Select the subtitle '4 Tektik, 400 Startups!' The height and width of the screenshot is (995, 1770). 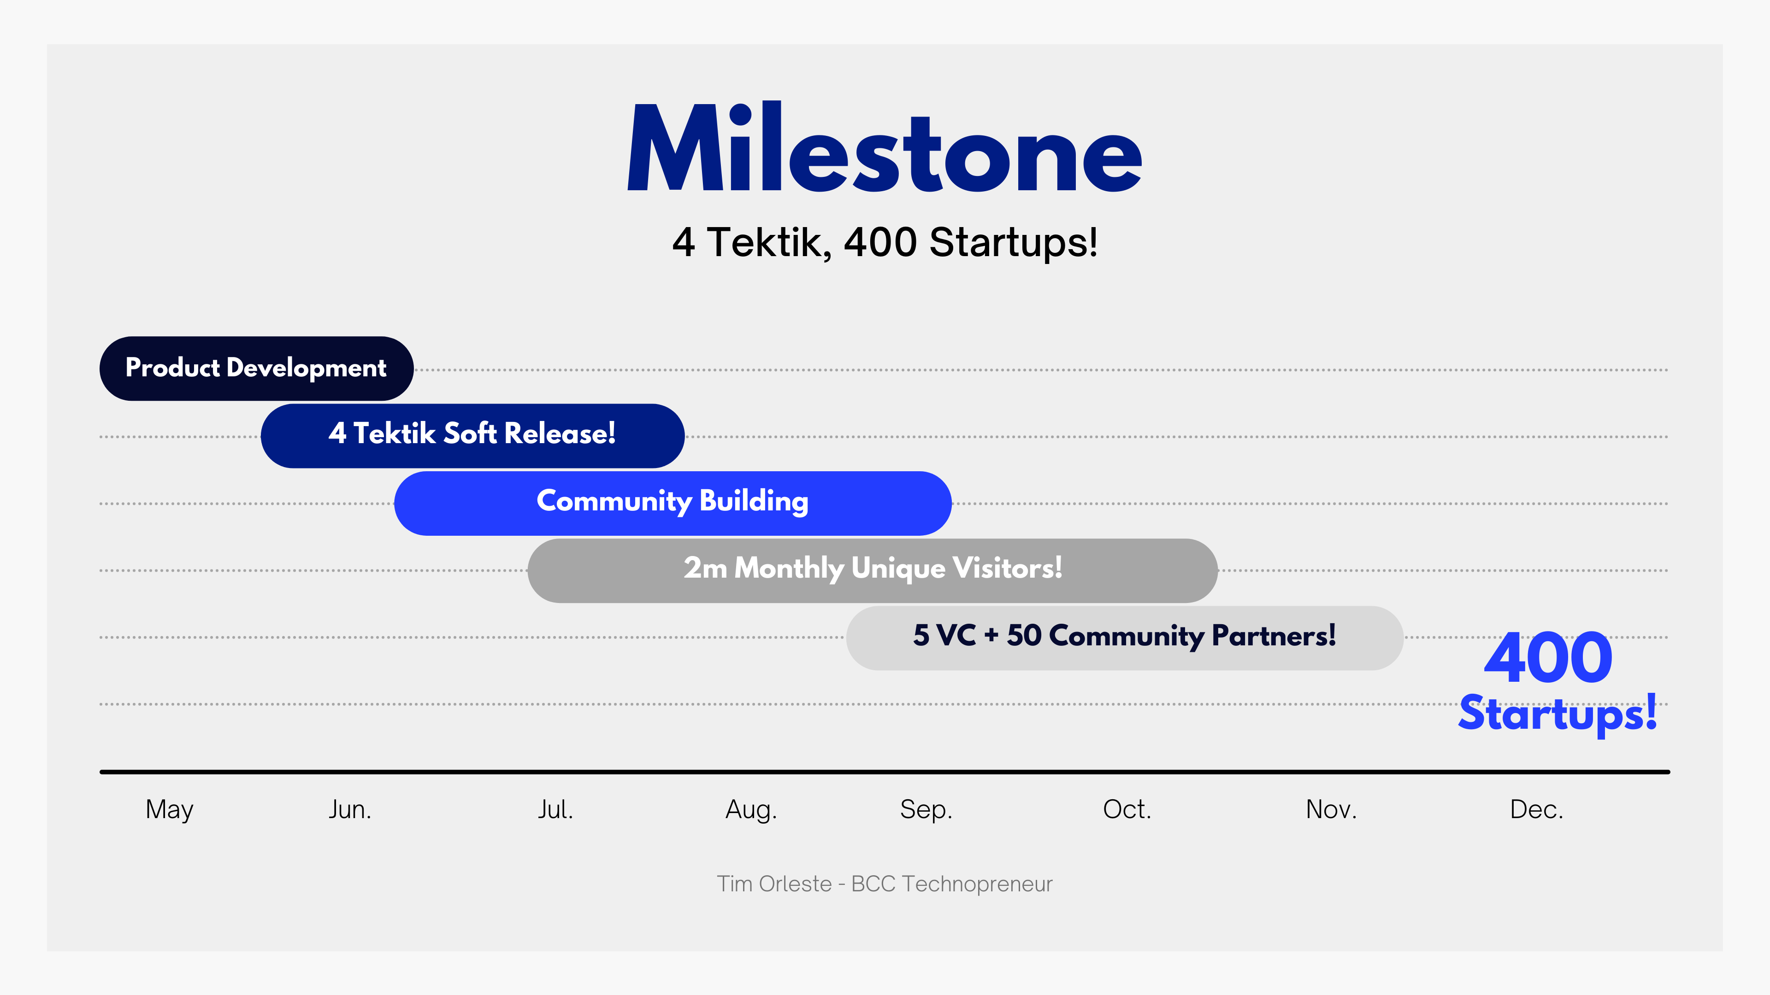(885, 242)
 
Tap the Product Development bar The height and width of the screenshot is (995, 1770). (256, 369)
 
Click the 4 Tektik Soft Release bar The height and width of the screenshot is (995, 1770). (473, 436)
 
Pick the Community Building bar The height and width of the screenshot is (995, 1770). (673, 503)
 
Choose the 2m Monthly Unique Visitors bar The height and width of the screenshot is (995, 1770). (873, 571)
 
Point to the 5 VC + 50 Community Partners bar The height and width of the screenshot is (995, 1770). (1125, 638)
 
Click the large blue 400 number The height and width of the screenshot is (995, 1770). (1548, 658)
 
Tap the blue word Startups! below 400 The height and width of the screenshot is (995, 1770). (1558, 714)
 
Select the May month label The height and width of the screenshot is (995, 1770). (170, 810)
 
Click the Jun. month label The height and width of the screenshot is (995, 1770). (350, 810)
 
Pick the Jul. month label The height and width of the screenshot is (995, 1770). (555, 810)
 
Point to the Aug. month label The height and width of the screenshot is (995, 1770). (751, 810)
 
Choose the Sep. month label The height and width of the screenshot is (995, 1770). (926, 810)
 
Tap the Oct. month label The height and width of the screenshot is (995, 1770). (1127, 810)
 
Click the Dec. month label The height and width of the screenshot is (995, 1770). (1536, 810)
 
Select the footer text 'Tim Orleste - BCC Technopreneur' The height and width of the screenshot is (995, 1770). (885, 884)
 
